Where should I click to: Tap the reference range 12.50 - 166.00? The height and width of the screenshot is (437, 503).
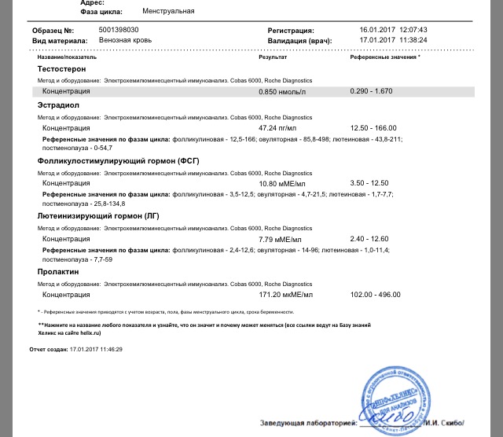tap(374, 127)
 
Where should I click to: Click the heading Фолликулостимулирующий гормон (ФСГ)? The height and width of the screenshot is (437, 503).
tap(118, 160)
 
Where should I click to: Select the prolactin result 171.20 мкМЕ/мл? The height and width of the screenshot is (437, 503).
tap(286, 295)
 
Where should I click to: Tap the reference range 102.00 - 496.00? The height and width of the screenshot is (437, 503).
tap(376, 295)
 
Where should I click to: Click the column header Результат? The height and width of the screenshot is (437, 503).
tap(273, 57)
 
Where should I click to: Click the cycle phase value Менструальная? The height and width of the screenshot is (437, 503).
tap(169, 12)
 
